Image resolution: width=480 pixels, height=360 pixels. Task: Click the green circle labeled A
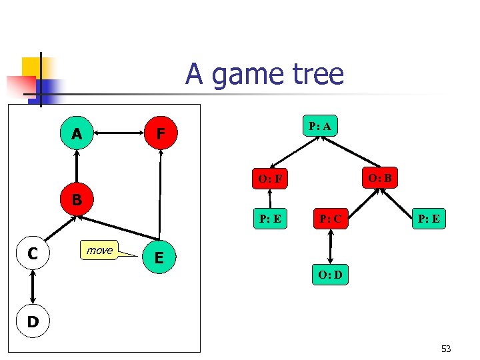pos(77,134)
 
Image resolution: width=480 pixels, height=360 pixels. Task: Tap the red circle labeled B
pos(77,199)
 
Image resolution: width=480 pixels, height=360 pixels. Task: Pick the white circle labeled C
pos(32,253)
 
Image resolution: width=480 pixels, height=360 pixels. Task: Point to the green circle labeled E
pos(158,258)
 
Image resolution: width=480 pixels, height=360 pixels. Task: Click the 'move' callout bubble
pos(99,250)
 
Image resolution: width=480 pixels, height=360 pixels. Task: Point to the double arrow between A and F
pos(119,134)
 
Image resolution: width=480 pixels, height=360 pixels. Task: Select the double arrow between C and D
pos(32,288)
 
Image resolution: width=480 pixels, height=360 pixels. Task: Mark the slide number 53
pos(445,349)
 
